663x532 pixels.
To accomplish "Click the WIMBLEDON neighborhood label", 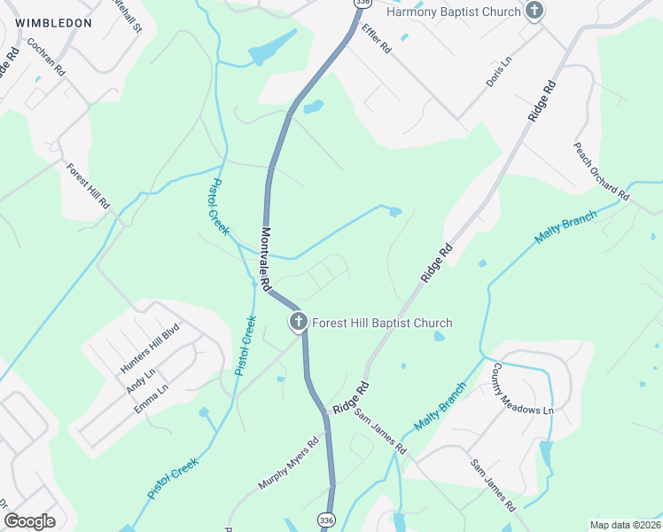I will coord(53,21).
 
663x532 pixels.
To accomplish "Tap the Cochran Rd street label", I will coord(46,56).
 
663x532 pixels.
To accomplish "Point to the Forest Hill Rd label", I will coord(87,185).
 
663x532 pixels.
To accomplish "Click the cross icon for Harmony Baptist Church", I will coord(534,11).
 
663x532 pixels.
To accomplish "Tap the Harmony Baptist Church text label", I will coord(452,12).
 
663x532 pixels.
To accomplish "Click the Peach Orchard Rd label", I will coord(601,171).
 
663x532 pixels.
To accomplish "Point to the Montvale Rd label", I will coord(265,259).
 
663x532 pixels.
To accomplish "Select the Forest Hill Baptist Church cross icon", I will coord(299,323).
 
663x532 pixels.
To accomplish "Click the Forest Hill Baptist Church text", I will coord(382,323).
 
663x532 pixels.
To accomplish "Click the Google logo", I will coord(28,520).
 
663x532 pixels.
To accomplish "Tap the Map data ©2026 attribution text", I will coord(625,525).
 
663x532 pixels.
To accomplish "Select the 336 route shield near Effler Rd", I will coord(360,4).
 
